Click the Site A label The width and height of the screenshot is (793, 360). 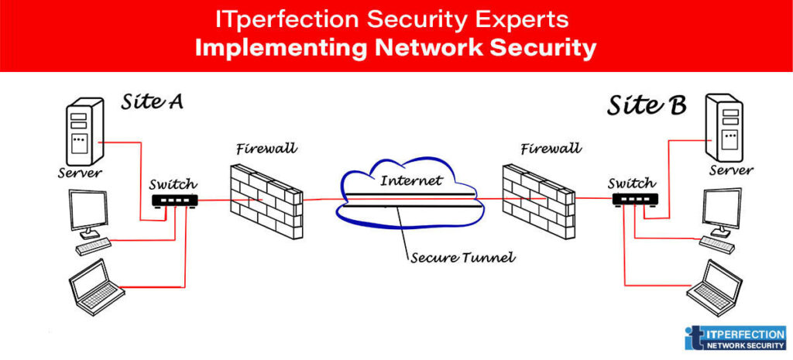[x=152, y=101]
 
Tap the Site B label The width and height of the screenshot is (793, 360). [x=646, y=105]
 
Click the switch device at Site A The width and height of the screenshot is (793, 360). [x=174, y=200]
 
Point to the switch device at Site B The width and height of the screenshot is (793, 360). [x=634, y=200]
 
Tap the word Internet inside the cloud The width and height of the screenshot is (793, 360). [x=411, y=180]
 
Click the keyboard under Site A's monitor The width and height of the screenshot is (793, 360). [x=94, y=246]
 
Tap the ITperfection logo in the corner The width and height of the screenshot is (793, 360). [x=735, y=338]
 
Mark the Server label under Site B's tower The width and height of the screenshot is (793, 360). [x=731, y=170]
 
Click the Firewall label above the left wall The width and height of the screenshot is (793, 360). [x=267, y=148]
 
